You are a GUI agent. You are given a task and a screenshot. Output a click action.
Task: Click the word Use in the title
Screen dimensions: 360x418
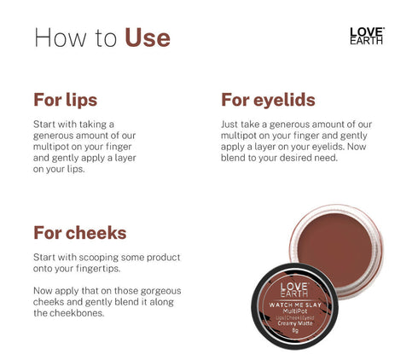(148, 38)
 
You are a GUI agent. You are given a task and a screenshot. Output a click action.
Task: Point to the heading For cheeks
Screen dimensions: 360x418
(79, 232)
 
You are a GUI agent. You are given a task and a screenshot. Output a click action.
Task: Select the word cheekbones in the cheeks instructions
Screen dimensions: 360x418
(79, 313)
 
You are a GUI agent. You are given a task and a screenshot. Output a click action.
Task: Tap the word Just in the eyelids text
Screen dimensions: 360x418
(230, 124)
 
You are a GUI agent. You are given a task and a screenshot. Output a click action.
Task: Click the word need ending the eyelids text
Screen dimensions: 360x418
(327, 157)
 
